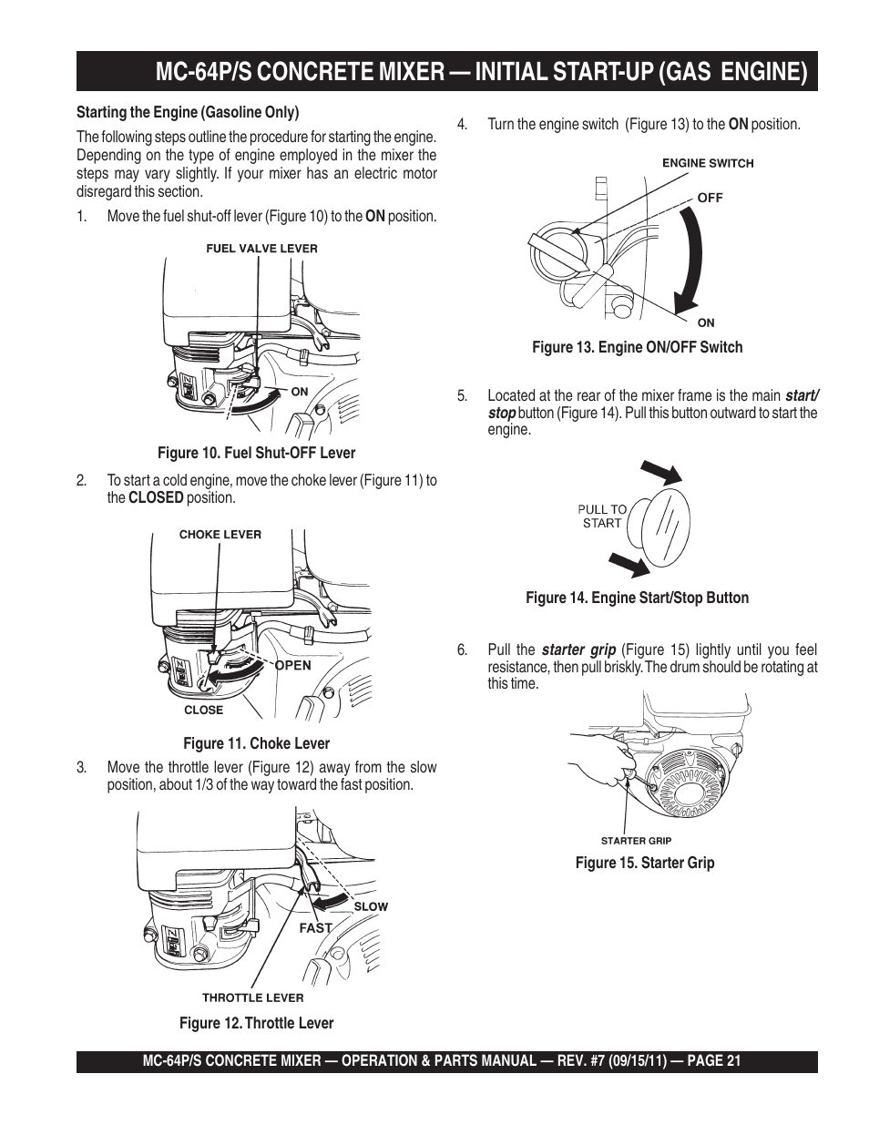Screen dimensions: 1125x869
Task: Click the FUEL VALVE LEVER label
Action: [261, 248]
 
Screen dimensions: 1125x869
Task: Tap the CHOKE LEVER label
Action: [220, 535]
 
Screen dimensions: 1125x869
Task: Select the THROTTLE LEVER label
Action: [252, 997]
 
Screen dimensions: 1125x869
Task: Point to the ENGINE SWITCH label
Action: [708, 164]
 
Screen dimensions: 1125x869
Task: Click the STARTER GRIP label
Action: [636, 841]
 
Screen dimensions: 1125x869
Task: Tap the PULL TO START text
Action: [602, 516]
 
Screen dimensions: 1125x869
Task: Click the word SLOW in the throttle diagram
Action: [371, 906]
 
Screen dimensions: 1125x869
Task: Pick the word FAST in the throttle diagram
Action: [316, 928]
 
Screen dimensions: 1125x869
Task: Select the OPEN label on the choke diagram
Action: [292, 665]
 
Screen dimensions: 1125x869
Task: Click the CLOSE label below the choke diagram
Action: [203, 711]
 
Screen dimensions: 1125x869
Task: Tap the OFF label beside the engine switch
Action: [710, 198]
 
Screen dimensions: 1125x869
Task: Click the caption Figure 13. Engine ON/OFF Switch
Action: [637, 347]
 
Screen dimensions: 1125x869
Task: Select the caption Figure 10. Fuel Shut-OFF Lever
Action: [256, 453]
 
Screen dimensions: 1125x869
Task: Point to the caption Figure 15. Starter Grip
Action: [644, 863]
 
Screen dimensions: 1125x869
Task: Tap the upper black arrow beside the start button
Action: [660, 472]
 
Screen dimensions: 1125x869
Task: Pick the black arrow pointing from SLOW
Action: [331, 900]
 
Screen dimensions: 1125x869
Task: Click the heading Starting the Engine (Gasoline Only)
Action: [188, 112]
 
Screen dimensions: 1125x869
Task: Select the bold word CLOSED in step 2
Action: [156, 498]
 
